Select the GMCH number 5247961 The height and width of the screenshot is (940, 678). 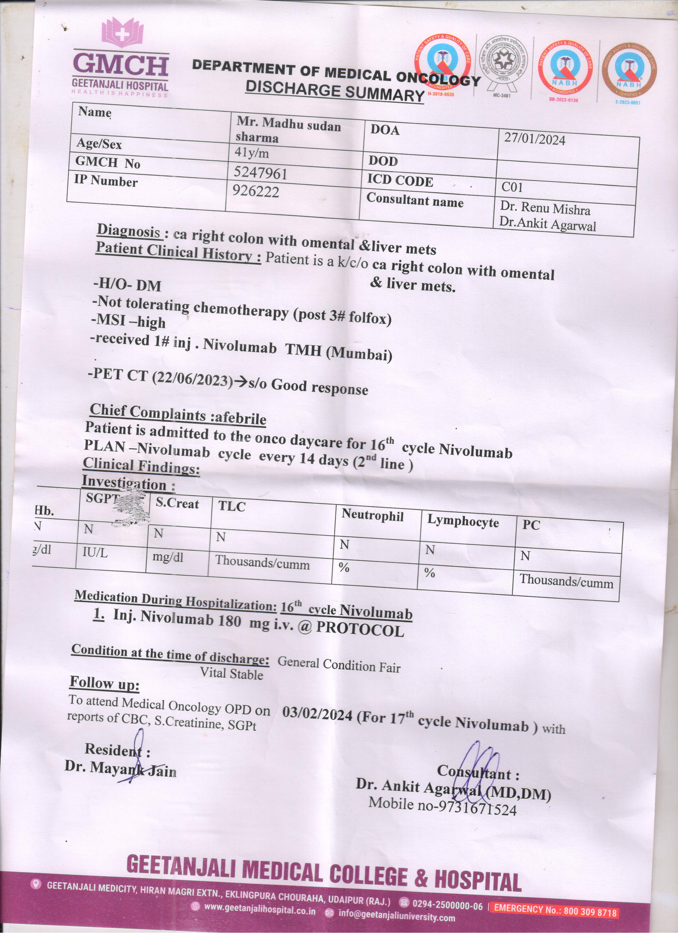pyautogui.click(x=260, y=173)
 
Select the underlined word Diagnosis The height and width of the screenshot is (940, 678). pyautogui.click(x=129, y=231)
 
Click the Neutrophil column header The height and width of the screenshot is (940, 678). pyautogui.click(x=372, y=516)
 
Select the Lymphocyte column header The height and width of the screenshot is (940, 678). pyautogui.click(x=463, y=521)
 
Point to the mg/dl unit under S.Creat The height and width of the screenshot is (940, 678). pyautogui.click(x=168, y=557)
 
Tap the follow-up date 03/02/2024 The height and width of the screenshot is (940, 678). pyautogui.click(x=317, y=713)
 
